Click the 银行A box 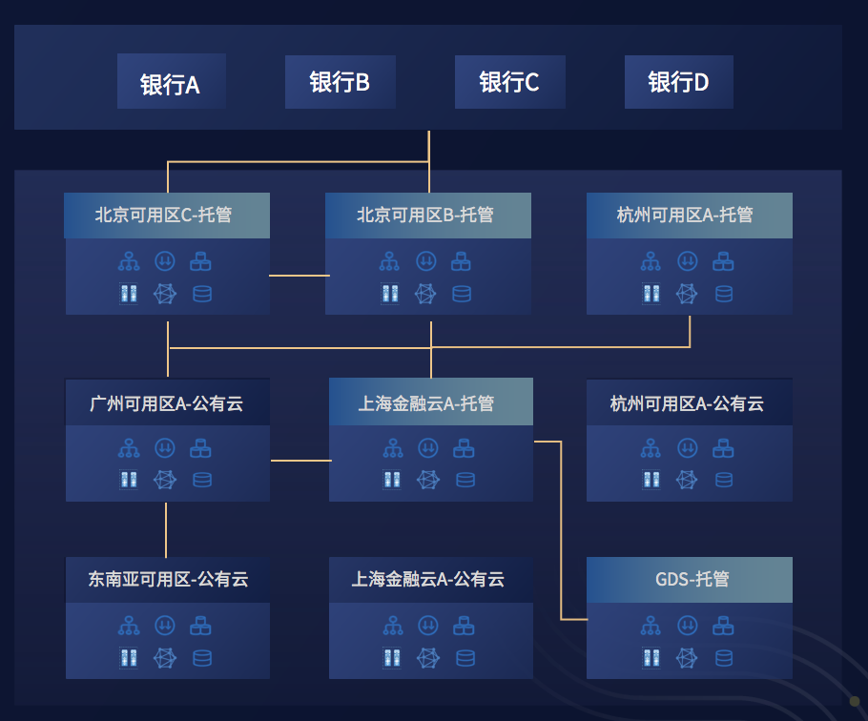pyautogui.click(x=171, y=82)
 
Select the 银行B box pyautogui.click(x=340, y=82)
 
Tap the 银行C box pyautogui.click(x=509, y=82)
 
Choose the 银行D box pyautogui.click(x=678, y=82)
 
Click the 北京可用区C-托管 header pyautogui.click(x=167, y=216)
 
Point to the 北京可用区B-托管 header pyautogui.click(x=427, y=216)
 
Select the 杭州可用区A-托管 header pyautogui.click(x=689, y=216)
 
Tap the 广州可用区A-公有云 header pyautogui.click(x=167, y=403)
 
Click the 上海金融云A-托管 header pyautogui.click(x=430, y=403)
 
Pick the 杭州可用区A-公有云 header pyautogui.click(x=689, y=403)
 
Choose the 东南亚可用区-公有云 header pyautogui.click(x=167, y=579)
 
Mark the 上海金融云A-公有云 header pyautogui.click(x=430, y=579)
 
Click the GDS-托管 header pyautogui.click(x=689, y=579)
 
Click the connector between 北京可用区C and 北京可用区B pyautogui.click(x=298, y=276)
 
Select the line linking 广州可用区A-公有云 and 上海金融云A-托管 pyautogui.click(x=300, y=461)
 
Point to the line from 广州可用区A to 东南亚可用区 pyautogui.click(x=167, y=529)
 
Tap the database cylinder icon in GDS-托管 pyautogui.click(x=724, y=657)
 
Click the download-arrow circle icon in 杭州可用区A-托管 pyautogui.click(x=687, y=260)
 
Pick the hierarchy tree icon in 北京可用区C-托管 pyautogui.click(x=129, y=260)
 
